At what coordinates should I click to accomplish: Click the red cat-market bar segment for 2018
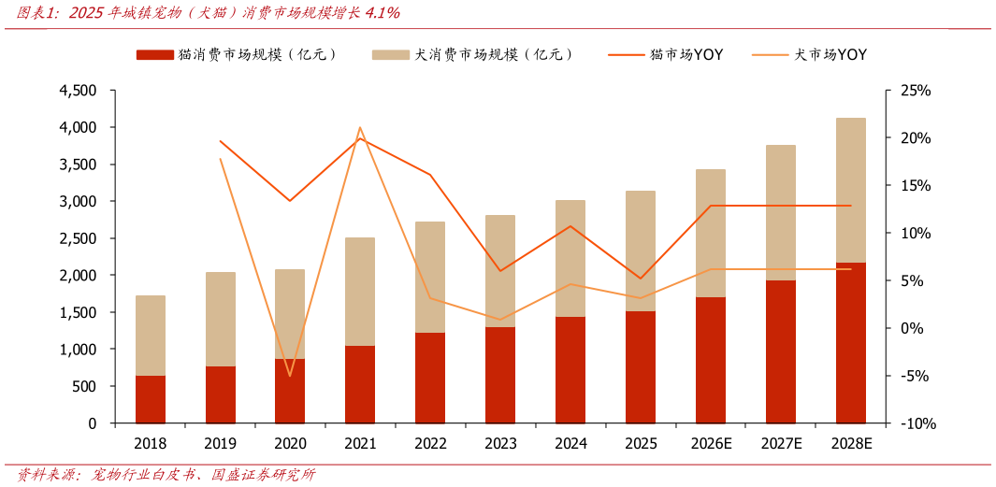[x=151, y=399]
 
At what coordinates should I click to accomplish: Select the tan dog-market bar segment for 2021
[x=360, y=292]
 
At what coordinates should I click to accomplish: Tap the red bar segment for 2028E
[x=850, y=342]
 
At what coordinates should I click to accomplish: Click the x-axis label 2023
[x=500, y=443]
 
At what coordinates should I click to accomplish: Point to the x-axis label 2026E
[x=711, y=443]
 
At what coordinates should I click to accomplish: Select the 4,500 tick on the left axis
[x=78, y=91]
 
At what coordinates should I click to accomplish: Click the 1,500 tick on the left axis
[x=78, y=312]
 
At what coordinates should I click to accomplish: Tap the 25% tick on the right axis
[x=917, y=91]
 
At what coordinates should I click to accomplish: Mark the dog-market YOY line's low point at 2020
[x=290, y=376]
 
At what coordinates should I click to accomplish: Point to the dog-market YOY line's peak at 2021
[x=360, y=128]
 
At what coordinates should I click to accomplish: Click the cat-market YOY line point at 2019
[x=221, y=141]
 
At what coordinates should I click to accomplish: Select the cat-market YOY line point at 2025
[x=641, y=279]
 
